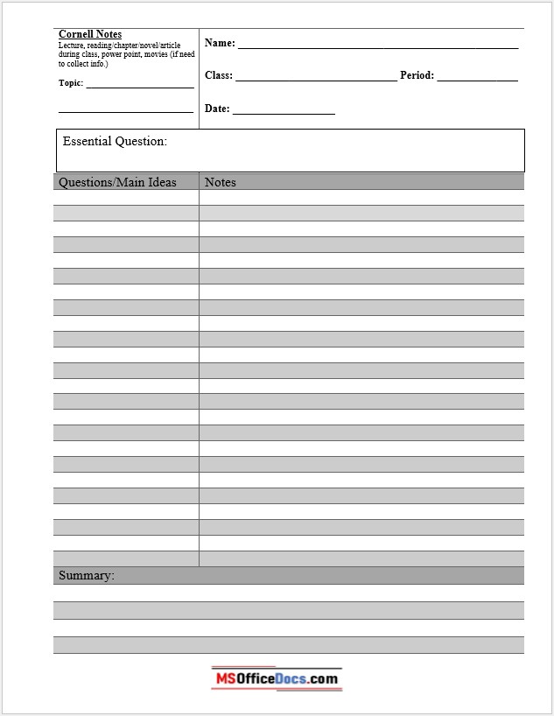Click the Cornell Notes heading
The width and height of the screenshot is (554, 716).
click(90, 34)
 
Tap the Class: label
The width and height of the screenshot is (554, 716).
click(218, 75)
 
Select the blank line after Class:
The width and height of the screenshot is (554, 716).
click(315, 80)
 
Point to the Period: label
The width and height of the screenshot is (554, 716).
click(417, 75)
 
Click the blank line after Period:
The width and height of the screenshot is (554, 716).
click(477, 80)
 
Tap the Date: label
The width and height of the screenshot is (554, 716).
click(217, 109)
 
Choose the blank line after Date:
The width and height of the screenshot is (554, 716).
click(284, 113)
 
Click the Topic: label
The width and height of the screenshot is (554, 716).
click(71, 83)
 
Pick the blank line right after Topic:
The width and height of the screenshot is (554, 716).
click(140, 87)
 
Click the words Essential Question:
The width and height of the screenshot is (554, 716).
click(115, 141)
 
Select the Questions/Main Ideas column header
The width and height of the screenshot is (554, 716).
click(117, 182)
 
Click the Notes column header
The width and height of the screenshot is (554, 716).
click(221, 182)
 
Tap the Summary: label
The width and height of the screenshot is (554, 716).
click(86, 575)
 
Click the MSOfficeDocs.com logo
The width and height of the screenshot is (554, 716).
click(276, 678)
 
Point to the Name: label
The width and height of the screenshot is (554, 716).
click(220, 43)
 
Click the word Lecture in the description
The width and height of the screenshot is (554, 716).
click(72, 45)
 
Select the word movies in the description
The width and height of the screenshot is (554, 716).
click(158, 54)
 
